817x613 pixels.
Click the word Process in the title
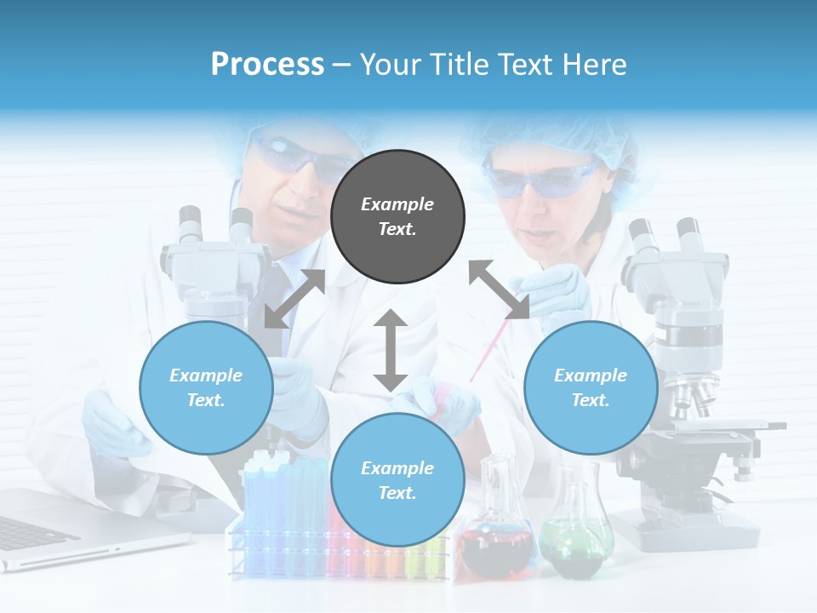267,65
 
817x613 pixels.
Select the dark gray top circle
397,217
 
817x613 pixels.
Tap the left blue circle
206,387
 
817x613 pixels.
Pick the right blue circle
591,387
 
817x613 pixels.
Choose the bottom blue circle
397,480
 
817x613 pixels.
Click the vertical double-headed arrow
391,350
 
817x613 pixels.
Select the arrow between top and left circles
295,298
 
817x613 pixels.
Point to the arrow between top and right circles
499,289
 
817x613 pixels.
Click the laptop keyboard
26,532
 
